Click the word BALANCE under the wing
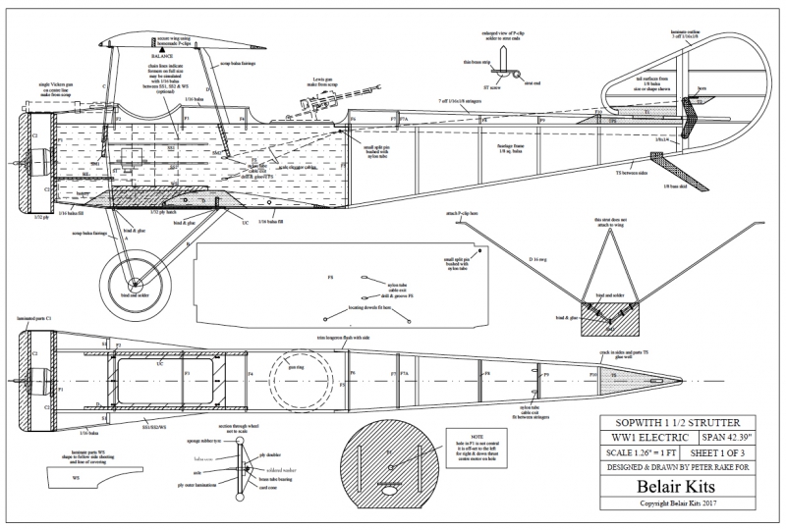pos(155,56)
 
